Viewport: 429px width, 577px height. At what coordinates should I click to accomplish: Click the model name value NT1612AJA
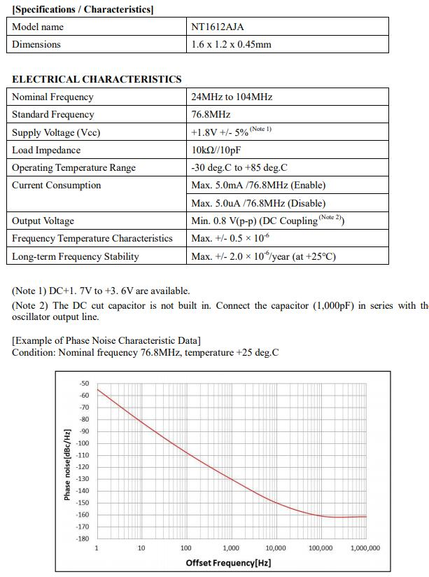[x=218, y=27]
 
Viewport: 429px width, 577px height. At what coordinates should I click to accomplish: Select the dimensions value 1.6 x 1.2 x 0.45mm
[x=231, y=44]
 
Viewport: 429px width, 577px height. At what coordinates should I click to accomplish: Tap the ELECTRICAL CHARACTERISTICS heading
[x=97, y=79]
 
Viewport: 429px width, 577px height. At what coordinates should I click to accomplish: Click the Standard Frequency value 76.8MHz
[x=211, y=114]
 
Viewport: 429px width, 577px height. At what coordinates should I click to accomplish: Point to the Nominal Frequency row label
[x=52, y=97]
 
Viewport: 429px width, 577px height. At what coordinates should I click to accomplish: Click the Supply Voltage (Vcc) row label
[x=56, y=132]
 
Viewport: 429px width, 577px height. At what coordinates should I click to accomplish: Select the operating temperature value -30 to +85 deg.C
[x=239, y=167]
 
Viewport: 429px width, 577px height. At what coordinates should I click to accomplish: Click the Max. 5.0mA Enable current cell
[x=258, y=185]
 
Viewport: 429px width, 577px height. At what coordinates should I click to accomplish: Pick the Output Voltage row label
[x=43, y=221]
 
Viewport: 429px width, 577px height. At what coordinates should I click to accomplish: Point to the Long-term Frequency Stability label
[x=76, y=256]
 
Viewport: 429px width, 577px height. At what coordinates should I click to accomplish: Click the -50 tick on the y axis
[x=85, y=384]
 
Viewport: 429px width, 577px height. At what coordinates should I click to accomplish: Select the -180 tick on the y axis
[x=83, y=538]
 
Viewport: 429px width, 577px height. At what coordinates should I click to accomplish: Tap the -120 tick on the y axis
[x=83, y=467]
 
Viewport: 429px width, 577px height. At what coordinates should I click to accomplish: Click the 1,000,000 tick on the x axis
[x=365, y=548]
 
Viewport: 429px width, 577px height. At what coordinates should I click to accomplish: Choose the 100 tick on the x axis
[x=186, y=548]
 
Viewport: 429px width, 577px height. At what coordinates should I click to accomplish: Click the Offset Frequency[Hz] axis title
[x=228, y=562]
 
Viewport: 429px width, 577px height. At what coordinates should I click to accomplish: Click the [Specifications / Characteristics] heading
[x=83, y=9]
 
